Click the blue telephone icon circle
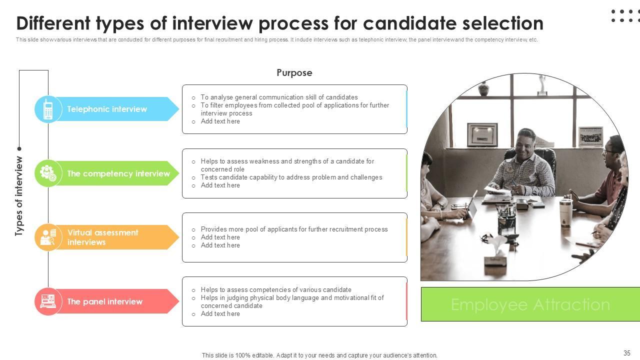click(48, 109)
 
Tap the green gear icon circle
click(48, 173)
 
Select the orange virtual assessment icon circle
click(48, 237)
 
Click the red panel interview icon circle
click(48, 301)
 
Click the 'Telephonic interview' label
click(107, 109)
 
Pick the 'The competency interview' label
click(118, 173)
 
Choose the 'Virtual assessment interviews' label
click(103, 237)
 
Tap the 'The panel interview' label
click(105, 301)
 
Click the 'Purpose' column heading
click(294, 73)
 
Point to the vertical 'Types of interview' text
click(19, 196)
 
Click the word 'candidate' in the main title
click(409, 23)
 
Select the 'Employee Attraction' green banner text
click(530, 304)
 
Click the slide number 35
click(627, 353)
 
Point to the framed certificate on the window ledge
click(482, 135)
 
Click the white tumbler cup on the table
click(565, 212)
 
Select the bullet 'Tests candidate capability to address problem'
click(291, 177)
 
